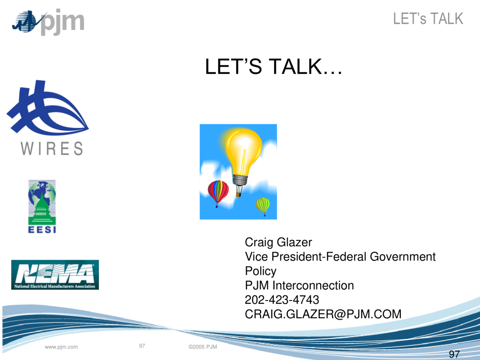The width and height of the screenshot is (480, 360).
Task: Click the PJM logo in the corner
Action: click(x=48, y=22)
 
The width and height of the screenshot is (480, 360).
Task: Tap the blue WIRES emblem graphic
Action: click(x=47, y=108)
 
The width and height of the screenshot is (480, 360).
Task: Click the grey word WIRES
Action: click(x=52, y=149)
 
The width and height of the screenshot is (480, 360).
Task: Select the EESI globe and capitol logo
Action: click(x=42, y=207)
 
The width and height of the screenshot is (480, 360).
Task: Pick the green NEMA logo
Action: click(x=55, y=275)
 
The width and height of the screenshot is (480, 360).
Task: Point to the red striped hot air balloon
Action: click(x=218, y=193)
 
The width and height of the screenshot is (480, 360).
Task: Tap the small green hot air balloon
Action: click(x=262, y=206)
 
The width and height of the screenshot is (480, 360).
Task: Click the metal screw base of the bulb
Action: click(x=240, y=180)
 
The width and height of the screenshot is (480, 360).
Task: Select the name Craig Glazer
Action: click(x=278, y=242)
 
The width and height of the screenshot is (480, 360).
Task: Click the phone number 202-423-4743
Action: click(x=282, y=300)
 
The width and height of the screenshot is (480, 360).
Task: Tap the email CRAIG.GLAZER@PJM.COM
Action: click(x=323, y=314)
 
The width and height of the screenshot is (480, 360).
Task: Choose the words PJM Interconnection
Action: click(x=300, y=285)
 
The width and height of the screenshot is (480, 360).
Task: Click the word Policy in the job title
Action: click(x=261, y=271)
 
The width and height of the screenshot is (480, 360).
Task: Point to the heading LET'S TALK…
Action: click(x=273, y=67)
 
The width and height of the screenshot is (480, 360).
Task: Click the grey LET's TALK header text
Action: click(x=428, y=19)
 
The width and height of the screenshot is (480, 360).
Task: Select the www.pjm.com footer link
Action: click(x=61, y=347)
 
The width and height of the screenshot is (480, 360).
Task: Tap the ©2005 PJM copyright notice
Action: click(x=202, y=347)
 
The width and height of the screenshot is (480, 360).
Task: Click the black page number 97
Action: click(x=454, y=354)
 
